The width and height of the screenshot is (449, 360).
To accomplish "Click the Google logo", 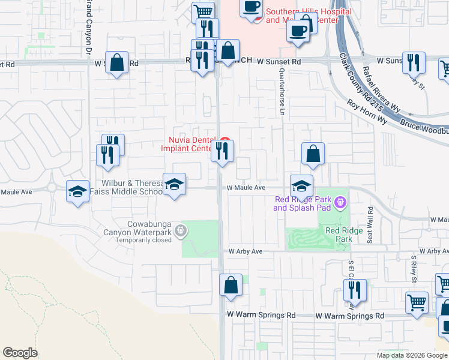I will [20, 353].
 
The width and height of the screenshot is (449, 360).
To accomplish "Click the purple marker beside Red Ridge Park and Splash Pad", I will [341, 203].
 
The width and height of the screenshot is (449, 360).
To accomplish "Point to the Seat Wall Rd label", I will [370, 224].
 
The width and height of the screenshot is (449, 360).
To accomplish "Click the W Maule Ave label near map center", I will [246, 188].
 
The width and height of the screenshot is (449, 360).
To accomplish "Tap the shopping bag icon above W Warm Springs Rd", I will [231, 286].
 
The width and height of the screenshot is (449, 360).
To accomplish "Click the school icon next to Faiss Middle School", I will [174, 184].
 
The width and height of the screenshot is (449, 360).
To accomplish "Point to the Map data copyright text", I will [412, 355].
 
